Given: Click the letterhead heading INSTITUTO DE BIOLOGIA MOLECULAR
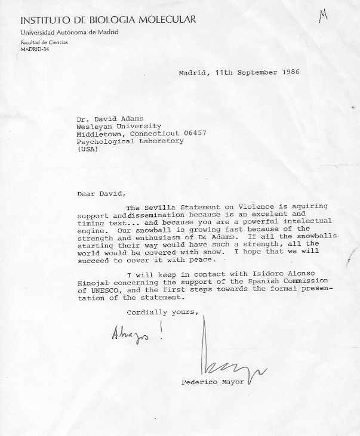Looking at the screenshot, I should click(107, 20).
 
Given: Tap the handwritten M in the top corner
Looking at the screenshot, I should click(324, 16).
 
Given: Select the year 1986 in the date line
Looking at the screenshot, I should click(287, 72).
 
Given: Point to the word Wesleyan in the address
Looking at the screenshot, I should click(95, 125).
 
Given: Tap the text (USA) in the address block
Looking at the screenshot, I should click(87, 149).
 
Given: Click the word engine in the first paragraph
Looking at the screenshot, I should click(90, 228).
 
